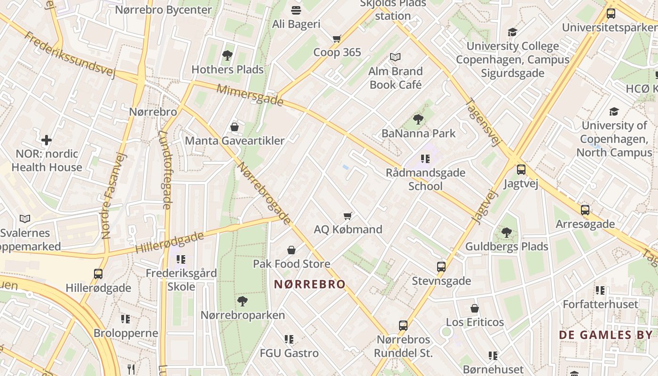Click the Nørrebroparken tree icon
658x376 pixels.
[x=243, y=301]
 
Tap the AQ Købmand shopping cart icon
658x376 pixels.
[x=348, y=216]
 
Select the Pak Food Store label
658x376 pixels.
[x=291, y=264]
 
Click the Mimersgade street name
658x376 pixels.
[x=250, y=95]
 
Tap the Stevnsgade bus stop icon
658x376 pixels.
[x=441, y=267]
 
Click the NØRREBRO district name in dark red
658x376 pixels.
[x=310, y=284]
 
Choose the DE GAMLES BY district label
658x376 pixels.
[x=606, y=335]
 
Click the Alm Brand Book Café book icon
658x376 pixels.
[x=395, y=57]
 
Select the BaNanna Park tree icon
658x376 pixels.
[x=418, y=119]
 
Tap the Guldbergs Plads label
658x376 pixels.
[x=506, y=246]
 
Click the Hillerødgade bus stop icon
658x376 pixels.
[x=98, y=274]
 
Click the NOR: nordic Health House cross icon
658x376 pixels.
[x=47, y=140]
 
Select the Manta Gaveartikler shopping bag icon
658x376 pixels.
[x=235, y=127]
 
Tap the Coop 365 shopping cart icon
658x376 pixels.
[x=337, y=39]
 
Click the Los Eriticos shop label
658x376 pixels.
[x=475, y=322]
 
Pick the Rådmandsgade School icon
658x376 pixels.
[x=425, y=158]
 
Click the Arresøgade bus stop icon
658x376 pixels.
[x=585, y=210]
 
